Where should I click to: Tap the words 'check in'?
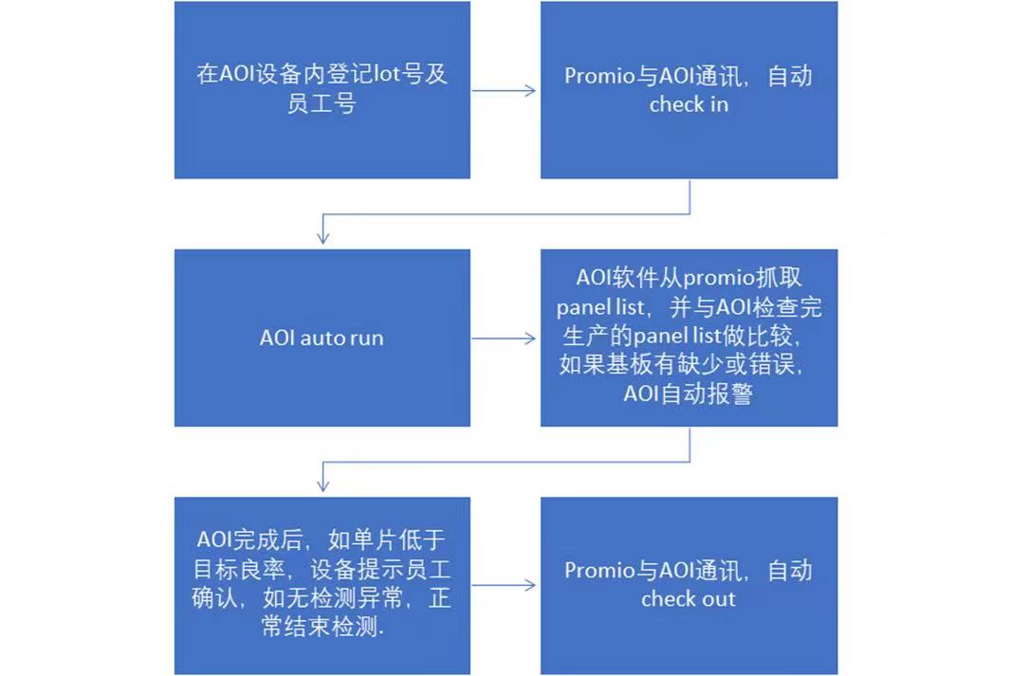click(689, 104)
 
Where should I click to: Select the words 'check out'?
click(688, 598)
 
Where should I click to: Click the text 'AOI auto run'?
click(322, 338)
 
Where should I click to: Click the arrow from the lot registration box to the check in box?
click(504, 90)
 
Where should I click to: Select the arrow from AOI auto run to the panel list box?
click(504, 338)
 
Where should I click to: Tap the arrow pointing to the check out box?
click(504, 585)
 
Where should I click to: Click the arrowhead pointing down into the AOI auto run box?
click(323, 237)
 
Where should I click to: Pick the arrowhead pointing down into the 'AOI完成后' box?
click(323, 485)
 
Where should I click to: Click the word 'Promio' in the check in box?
click(599, 76)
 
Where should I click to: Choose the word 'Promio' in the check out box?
click(599, 571)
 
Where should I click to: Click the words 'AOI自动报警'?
click(688, 393)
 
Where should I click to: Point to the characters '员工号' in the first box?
click(322, 103)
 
